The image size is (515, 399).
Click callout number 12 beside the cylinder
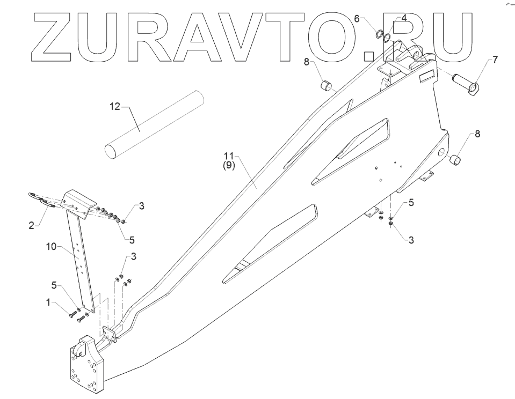115,106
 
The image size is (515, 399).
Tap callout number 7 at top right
495,60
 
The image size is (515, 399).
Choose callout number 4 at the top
404,18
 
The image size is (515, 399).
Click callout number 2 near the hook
31,226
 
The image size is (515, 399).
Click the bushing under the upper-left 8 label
326,86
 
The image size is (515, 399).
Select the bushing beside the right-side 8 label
455,159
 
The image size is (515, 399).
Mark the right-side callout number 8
477,135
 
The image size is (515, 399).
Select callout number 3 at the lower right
411,240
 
